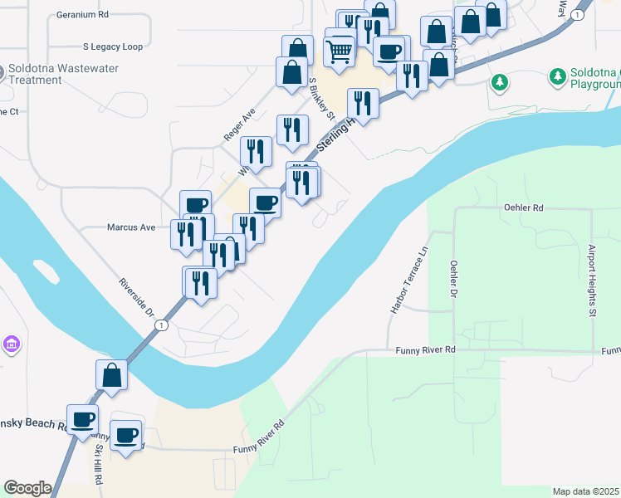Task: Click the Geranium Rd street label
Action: tap(83, 15)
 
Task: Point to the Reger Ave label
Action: tap(238, 124)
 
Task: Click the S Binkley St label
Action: tap(321, 99)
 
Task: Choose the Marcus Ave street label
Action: tap(131, 227)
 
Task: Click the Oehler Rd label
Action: tap(524, 207)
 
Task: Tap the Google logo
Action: tap(27, 488)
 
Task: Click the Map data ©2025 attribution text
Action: tap(585, 491)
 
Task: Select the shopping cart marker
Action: tap(340, 52)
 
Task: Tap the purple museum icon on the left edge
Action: tap(11, 344)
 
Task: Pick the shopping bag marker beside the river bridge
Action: tap(111, 375)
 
